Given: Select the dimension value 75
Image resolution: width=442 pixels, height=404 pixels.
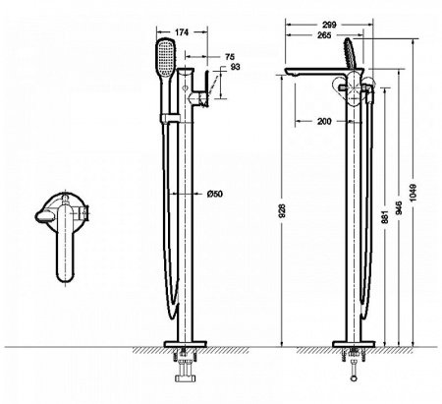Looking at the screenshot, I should pyautogui.click(x=228, y=58).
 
